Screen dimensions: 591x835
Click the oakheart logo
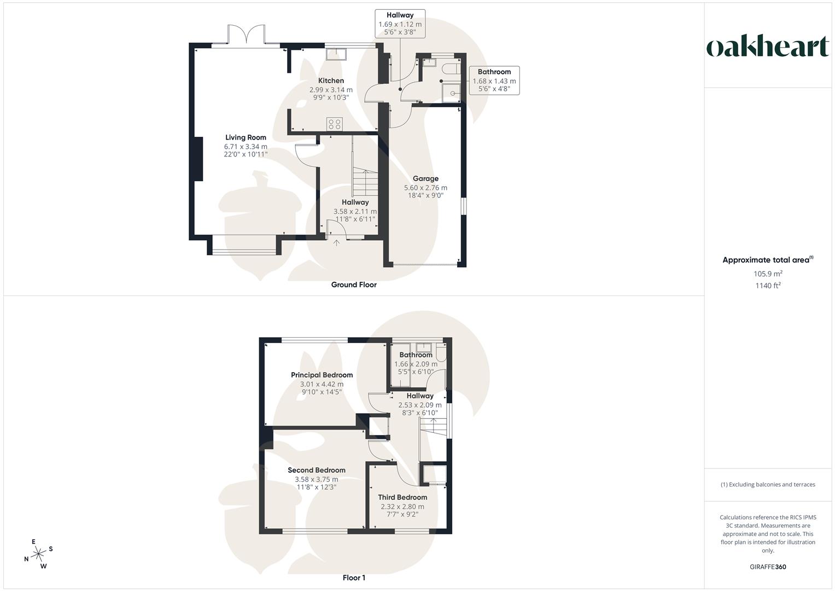(x=767, y=47)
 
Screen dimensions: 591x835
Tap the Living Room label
(x=246, y=137)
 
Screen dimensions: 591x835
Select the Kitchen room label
(x=331, y=80)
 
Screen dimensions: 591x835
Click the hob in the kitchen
(x=335, y=124)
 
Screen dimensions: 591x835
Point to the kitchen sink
(x=335, y=54)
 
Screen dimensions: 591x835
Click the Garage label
(x=425, y=178)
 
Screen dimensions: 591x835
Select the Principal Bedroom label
(x=322, y=375)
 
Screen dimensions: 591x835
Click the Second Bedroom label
(x=317, y=470)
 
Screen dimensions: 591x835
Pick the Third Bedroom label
(x=402, y=497)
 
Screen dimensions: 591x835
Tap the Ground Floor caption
(x=354, y=285)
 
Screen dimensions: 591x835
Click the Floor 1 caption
(x=354, y=578)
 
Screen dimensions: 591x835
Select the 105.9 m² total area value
(x=768, y=274)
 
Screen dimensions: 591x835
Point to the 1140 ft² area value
(x=768, y=286)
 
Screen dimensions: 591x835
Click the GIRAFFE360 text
(x=768, y=567)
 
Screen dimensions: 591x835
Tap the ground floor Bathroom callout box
(x=494, y=80)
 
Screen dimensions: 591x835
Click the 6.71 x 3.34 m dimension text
(x=246, y=147)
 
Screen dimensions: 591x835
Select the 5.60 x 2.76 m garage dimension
(x=425, y=188)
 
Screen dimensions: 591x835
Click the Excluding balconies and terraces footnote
(x=768, y=484)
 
